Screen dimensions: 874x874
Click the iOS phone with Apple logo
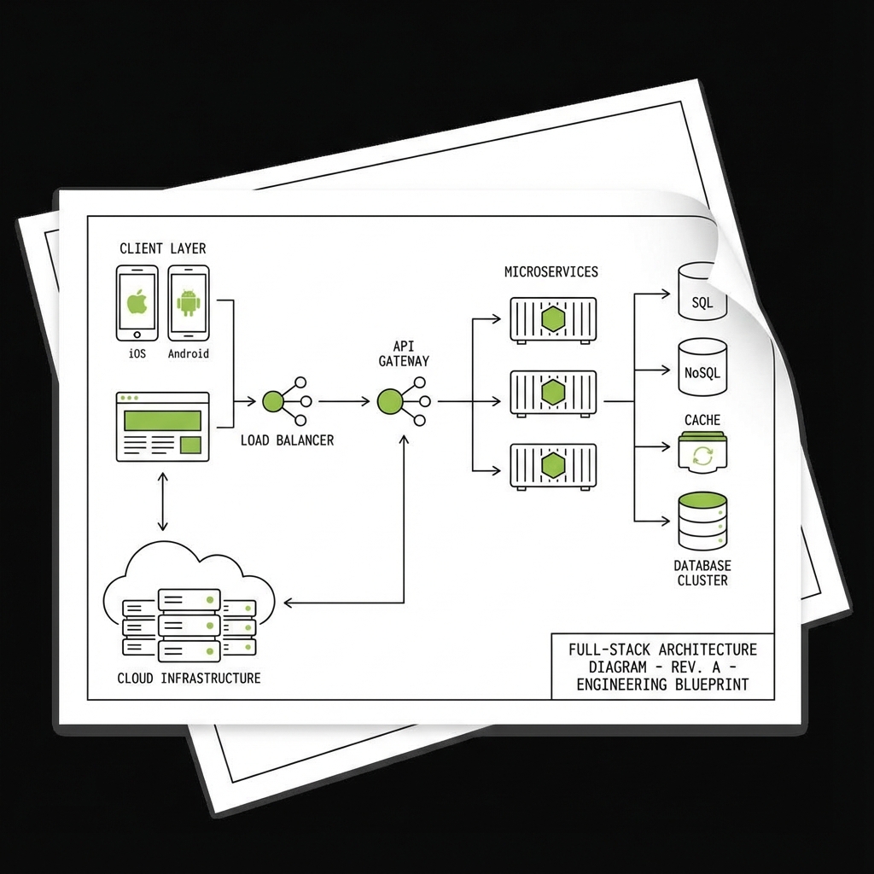pos(137,303)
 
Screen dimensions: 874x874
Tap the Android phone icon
pos(189,303)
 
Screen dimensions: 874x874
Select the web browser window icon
pos(162,427)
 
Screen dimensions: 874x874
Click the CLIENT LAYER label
pos(162,248)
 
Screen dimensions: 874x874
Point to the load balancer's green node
pos(273,401)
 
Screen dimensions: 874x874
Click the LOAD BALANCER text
pos(287,440)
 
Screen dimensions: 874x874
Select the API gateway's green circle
pos(389,401)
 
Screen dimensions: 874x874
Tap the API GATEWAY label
pos(404,353)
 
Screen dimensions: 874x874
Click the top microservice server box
pos(553,319)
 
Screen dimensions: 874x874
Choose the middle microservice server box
pos(553,393)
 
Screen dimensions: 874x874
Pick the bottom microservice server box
pos(553,466)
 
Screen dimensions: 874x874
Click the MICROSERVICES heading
pos(551,272)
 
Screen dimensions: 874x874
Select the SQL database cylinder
pos(702,293)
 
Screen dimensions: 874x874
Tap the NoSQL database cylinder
pos(702,367)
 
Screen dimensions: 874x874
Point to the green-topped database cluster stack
pos(702,521)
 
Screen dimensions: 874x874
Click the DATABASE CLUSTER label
pos(702,573)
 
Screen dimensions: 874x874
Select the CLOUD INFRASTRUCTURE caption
pos(189,679)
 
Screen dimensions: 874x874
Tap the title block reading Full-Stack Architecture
pos(662,667)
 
